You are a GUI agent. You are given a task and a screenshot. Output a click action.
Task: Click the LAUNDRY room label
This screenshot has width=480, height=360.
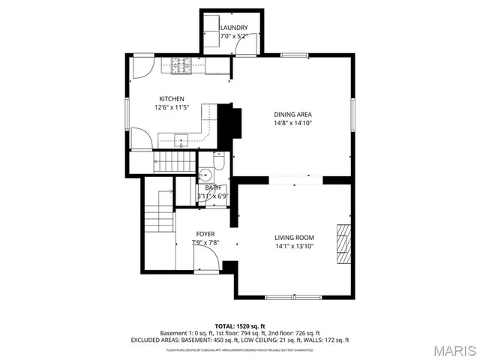pyautogui.click(x=233, y=28)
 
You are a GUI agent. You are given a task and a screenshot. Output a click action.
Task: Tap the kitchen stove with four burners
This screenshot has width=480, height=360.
pyautogui.click(x=180, y=67)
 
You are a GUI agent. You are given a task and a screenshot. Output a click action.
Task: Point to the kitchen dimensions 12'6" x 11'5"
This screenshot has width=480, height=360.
pyautogui.click(x=172, y=108)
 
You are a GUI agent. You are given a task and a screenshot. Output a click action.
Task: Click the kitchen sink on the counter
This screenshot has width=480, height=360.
pyautogui.click(x=181, y=139)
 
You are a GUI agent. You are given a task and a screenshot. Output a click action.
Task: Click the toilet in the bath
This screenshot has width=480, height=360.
pyautogui.click(x=217, y=161)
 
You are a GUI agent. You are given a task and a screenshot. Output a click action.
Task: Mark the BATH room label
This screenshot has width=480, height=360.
pyautogui.click(x=203, y=187)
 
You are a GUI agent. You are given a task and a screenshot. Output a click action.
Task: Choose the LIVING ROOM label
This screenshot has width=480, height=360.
pyautogui.click(x=294, y=237)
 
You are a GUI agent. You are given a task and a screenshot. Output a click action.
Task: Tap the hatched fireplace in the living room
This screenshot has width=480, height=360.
pyautogui.click(x=343, y=244)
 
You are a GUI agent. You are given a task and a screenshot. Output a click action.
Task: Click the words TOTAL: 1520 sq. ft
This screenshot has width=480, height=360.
pyautogui.click(x=240, y=325)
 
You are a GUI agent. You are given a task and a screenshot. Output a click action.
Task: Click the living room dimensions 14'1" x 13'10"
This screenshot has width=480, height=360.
pyautogui.click(x=294, y=246)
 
